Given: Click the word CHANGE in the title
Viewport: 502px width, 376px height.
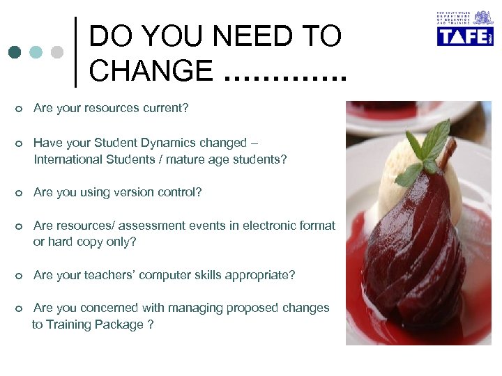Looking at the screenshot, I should (151, 70).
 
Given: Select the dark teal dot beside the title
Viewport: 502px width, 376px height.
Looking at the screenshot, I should (15, 52).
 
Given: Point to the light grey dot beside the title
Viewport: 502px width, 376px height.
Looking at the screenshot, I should (57, 52).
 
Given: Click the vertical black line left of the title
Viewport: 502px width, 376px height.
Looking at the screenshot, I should (75, 52).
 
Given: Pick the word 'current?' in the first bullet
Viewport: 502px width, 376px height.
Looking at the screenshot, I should (165, 109).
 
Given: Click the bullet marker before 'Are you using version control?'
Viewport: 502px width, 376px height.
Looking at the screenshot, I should (19, 193).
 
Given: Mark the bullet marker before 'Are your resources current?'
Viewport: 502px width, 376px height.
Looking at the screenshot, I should (19, 109).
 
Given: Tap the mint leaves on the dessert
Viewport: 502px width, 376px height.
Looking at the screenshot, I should (426, 150).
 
